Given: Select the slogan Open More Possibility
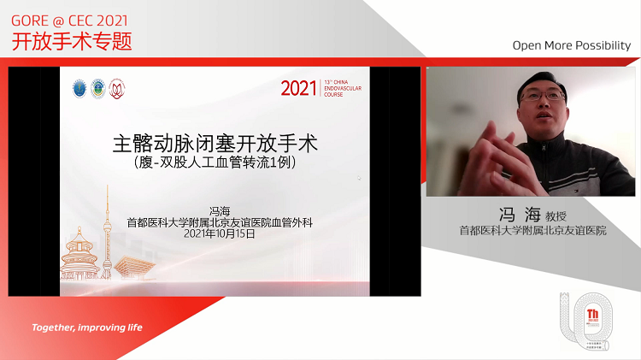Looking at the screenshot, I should coord(571,45).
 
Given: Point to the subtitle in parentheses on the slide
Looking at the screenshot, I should coord(221,160).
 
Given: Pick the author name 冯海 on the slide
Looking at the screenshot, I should coord(221,211).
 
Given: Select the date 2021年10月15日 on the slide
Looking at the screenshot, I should coord(221,233).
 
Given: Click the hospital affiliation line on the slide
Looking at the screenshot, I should coord(221,222).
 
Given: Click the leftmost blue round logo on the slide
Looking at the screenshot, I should coord(79,88).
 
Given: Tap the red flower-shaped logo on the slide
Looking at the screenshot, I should coord(117,88).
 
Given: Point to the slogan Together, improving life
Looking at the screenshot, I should coord(87,328).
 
